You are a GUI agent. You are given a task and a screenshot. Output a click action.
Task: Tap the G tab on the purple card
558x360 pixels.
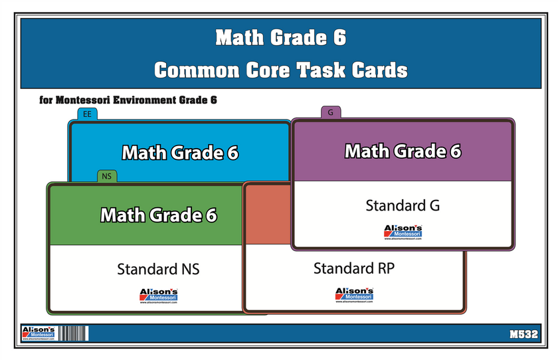pyautogui.click(x=330, y=112)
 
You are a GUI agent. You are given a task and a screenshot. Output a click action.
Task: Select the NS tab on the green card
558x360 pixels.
pyautogui.click(x=107, y=176)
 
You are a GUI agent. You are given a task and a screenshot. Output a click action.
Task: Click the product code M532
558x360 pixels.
pyautogui.click(x=524, y=333)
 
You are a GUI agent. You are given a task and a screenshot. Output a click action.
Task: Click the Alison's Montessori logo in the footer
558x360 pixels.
pyautogui.click(x=36, y=333)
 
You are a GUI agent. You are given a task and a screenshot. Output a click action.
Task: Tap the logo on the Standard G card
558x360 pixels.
pyautogui.click(x=403, y=232)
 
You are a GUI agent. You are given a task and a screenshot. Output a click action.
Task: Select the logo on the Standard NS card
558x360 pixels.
pyautogui.click(x=158, y=295)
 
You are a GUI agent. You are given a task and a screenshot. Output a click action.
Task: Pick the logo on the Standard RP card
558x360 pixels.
pyautogui.click(x=354, y=294)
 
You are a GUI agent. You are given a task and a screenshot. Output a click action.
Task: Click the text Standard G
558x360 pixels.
pyautogui.click(x=403, y=206)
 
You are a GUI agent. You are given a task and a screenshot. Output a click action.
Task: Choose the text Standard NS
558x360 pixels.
pyautogui.click(x=158, y=269)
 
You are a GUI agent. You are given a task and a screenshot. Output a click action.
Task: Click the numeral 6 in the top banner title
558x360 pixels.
pyautogui.click(x=338, y=39)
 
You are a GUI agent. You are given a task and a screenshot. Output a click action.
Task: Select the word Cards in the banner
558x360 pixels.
pyautogui.click(x=377, y=70)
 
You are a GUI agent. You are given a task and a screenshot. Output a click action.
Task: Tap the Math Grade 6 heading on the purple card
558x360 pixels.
pyautogui.click(x=403, y=151)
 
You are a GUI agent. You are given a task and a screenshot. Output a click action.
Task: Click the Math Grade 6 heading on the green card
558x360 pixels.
pyautogui.click(x=158, y=215)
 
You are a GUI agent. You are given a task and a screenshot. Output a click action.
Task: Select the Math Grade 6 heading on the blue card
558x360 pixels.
pyautogui.click(x=179, y=153)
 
